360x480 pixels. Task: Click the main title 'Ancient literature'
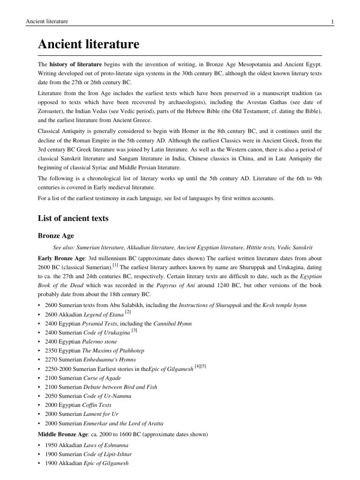click(x=89, y=45)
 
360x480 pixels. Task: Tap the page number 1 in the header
click(x=332, y=22)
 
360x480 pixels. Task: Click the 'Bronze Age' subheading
click(x=56, y=235)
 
